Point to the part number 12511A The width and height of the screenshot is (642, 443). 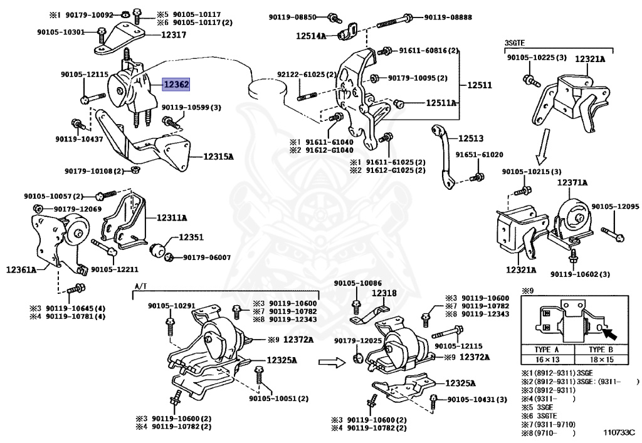tap(442, 102)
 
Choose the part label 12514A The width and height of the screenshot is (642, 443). tap(312, 36)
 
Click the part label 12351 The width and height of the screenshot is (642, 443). tap(191, 237)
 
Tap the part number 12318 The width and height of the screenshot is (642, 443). tap(384, 293)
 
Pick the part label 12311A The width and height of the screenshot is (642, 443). tap(172, 217)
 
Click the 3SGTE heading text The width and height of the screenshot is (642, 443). tap(514, 43)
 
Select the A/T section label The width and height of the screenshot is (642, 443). tap(140, 286)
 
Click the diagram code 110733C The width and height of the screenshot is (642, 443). tap(619, 432)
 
